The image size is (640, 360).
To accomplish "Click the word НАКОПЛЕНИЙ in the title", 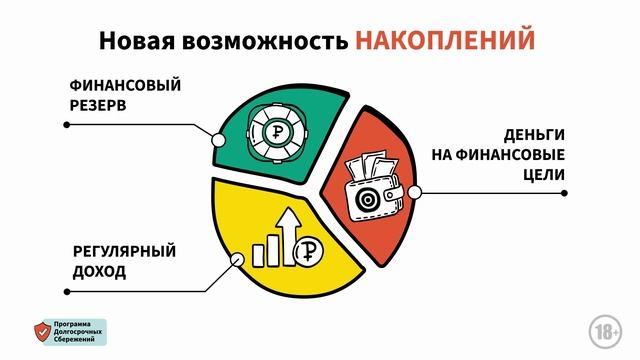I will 445,39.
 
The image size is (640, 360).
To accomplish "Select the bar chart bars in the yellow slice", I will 265,250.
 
